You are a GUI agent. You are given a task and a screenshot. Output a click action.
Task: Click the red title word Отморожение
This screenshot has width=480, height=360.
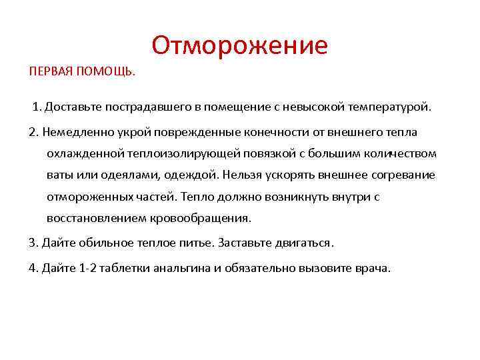coord(239,45)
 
